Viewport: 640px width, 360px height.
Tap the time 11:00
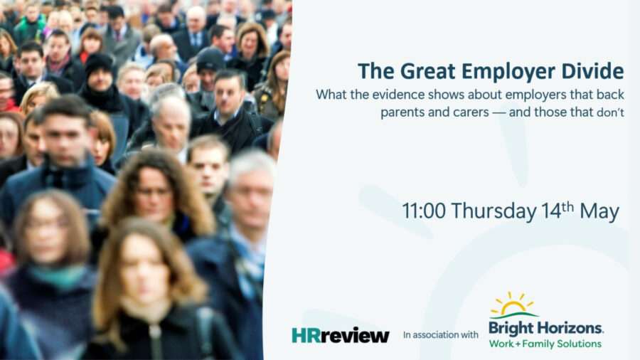pos(424,211)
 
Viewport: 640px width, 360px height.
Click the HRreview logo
pos(341,335)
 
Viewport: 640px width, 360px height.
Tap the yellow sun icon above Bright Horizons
pos(513,305)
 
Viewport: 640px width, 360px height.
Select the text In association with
pos(440,334)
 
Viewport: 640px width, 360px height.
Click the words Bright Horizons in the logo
pos(545,328)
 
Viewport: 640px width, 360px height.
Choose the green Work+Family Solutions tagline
pos(545,344)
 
